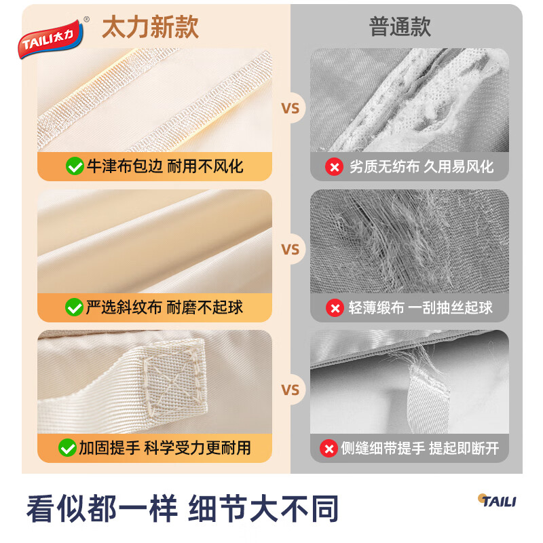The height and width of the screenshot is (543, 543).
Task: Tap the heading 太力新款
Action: pyautogui.click(x=150, y=27)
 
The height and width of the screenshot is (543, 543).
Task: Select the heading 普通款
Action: pyautogui.click(x=400, y=27)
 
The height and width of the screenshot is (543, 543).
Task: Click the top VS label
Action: pyautogui.click(x=291, y=109)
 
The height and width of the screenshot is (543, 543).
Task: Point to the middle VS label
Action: pyautogui.click(x=291, y=250)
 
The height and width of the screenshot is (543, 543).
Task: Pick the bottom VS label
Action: pyautogui.click(x=291, y=390)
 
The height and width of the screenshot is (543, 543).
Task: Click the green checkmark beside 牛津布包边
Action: pyautogui.click(x=74, y=166)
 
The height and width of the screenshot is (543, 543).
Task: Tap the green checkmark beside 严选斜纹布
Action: pyautogui.click(x=74, y=307)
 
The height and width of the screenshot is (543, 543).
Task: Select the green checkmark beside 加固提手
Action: pyautogui.click(x=67, y=447)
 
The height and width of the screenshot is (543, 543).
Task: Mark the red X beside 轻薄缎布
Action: pyautogui.click(x=335, y=307)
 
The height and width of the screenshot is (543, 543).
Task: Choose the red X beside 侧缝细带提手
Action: pyautogui.click(x=329, y=448)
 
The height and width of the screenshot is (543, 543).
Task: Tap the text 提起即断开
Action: pyautogui.click(x=464, y=448)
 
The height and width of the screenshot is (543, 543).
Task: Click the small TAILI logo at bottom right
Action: pyautogui.click(x=496, y=501)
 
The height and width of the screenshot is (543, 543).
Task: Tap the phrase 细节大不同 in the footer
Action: pyautogui.click(x=265, y=508)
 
